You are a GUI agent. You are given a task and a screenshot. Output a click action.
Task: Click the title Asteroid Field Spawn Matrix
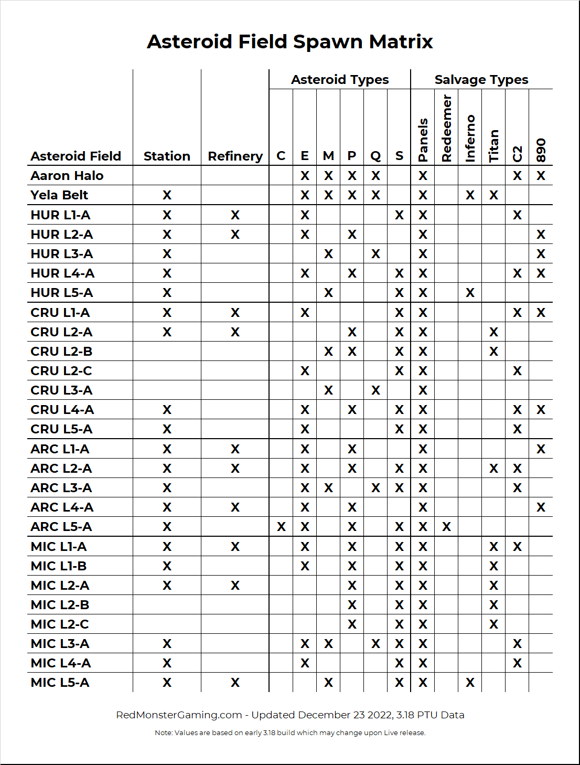pyautogui.click(x=289, y=41)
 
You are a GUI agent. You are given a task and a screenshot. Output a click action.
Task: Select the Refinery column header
pyautogui.click(x=235, y=156)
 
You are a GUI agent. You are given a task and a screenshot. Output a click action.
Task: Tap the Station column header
pyautogui.click(x=167, y=156)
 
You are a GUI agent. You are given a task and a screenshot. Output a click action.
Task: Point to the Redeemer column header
pyautogui.click(x=447, y=129)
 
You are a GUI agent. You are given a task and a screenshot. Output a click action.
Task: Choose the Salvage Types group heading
pyautogui.click(x=481, y=80)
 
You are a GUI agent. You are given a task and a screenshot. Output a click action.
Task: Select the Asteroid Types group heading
pyautogui.click(x=340, y=80)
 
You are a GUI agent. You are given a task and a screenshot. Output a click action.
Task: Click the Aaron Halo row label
pyautogui.click(x=67, y=176)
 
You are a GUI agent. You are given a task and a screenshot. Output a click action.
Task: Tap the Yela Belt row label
pyautogui.click(x=59, y=195)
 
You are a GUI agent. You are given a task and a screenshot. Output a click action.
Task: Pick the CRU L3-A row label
pyautogui.click(x=61, y=390)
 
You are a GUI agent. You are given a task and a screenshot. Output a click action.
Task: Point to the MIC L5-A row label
pyautogui.click(x=60, y=683)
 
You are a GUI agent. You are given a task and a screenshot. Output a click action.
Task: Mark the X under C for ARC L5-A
pyautogui.click(x=281, y=527)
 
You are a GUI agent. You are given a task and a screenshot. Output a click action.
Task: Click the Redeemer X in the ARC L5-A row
pyautogui.click(x=447, y=527)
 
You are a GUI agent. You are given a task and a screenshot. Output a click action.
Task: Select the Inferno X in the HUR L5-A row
pyautogui.click(x=470, y=293)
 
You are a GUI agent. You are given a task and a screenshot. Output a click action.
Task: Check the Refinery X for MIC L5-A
pyautogui.click(x=235, y=683)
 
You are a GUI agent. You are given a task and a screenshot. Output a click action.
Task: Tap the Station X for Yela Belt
pyautogui.click(x=167, y=195)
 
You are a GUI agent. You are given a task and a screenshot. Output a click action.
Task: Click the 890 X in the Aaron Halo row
pyautogui.click(x=541, y=176)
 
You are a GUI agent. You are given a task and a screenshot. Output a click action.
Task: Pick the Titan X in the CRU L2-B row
pyautogui.click(x=494, y=352)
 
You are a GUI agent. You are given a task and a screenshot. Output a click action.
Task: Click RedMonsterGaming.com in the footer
pyautogui.click(x=179, y=715)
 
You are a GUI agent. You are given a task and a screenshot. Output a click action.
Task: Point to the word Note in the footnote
pyautogui.click(x=163, y=733)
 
